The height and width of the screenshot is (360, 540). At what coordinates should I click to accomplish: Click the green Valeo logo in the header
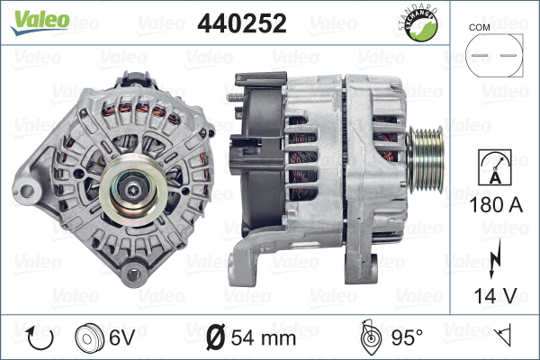[x=40, y=22]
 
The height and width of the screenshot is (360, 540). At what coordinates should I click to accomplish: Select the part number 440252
[x=242, y=23]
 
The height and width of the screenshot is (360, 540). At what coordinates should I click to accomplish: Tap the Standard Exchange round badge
[x=419, y=23]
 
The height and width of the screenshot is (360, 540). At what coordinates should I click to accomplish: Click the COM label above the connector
[x=479, y=28]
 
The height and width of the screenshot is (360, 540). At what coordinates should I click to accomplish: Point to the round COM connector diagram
[x=494, y=55]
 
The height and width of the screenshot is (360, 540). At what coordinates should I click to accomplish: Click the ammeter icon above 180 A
[x=495, y=167]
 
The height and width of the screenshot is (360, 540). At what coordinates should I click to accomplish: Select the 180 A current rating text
[x=496, y=204]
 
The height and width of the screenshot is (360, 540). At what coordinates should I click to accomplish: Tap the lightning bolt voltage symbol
[x=494, y=258]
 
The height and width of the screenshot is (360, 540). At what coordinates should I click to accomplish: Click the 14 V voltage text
[x=495, y=295]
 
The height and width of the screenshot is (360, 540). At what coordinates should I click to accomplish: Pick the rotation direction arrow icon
[x=40, y=337]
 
